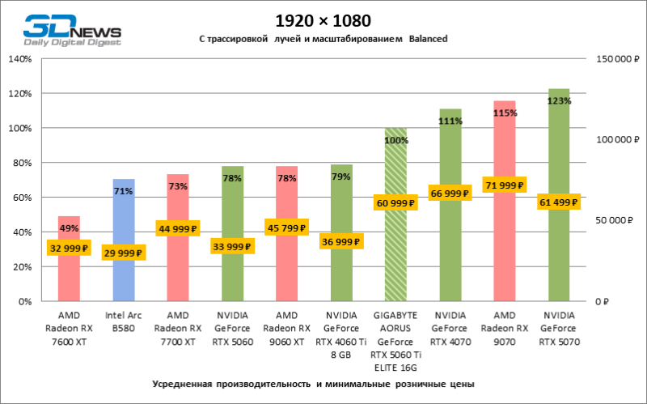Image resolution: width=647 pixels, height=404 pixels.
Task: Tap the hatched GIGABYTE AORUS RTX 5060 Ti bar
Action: click(x=395, y=243)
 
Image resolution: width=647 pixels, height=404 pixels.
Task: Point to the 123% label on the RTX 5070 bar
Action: click(x=559, y=101)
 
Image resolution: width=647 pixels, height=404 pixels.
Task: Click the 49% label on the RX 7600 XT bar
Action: click(x=69, y=228)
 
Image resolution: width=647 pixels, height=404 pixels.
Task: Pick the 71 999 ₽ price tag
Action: click(x=505, y=185)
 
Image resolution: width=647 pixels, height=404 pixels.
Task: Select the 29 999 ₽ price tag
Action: click(x=124, y=253)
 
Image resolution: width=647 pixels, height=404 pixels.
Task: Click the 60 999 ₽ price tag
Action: click(x=395, y=202)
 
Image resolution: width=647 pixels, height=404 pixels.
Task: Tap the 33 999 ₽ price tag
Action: click(x=232, y=247)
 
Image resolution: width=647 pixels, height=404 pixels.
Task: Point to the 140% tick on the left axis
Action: click(x=19, y=59)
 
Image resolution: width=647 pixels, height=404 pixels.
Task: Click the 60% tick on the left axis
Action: click(x=22, y=198)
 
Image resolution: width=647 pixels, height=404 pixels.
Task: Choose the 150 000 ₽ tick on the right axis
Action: click(x=615, y=59)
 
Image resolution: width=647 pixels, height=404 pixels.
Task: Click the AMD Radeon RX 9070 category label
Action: click(x=505, y=328)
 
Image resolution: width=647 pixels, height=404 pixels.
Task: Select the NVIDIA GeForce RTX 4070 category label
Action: click(x=450, y=328)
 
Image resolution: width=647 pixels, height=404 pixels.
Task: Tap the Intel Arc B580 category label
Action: click(x=124, y=322)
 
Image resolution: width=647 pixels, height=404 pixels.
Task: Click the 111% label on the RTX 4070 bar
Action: click(x=450, y=121)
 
